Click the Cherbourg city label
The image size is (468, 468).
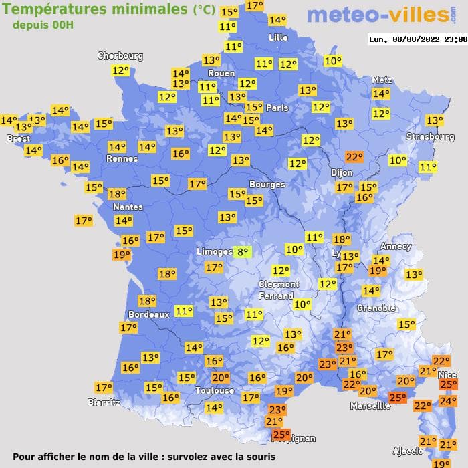pos(120,56)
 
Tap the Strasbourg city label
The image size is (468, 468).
pos(431,137)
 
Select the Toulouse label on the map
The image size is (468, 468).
pos(215,390)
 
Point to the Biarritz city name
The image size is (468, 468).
pos(104,402)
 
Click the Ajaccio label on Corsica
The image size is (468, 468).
pos(407,451)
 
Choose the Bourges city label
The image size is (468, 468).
pos(267,184)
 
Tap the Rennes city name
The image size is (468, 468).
pos(122,159)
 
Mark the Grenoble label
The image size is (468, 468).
pos(376,308)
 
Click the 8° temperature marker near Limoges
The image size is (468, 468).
pos(243,252)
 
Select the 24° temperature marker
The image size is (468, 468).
pos(447,401)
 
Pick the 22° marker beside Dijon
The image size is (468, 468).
pos(354,158)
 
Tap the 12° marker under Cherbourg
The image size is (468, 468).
pos(120,70)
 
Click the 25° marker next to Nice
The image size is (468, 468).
pos(447,384)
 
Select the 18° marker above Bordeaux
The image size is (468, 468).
pos(147,301)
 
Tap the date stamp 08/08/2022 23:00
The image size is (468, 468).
pos(417,39)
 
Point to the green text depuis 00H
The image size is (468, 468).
pos(41,25)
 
